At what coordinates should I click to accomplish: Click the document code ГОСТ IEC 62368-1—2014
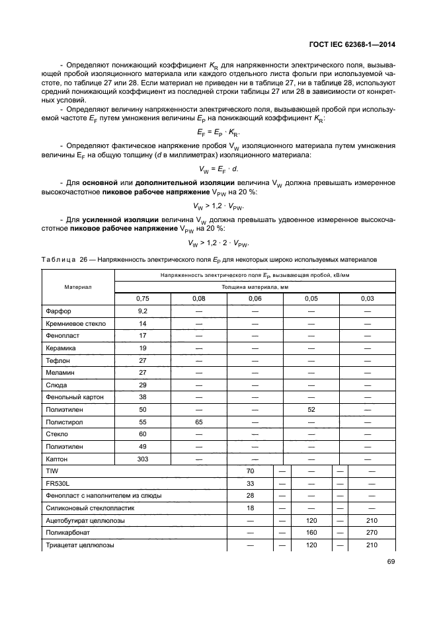coord(357,45)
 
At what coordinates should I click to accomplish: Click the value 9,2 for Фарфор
coord(142,311)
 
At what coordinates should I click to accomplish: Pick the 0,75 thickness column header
coord(142,299)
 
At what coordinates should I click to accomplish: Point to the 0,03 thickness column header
coord(367,299)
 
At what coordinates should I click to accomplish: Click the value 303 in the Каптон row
coord(142,458)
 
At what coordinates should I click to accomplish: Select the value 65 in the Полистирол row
coord(198,421)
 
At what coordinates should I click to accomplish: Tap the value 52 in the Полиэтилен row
coord(311,409)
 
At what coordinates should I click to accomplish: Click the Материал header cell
coord(78,287)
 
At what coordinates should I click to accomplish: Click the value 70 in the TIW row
coord(250,471)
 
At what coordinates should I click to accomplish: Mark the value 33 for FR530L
coord(250,483)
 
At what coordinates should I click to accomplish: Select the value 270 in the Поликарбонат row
coord(372,532)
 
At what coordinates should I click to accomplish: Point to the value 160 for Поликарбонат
coord(311,532)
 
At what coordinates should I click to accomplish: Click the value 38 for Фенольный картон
coord(142,397)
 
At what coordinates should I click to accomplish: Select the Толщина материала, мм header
coord(255,287)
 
